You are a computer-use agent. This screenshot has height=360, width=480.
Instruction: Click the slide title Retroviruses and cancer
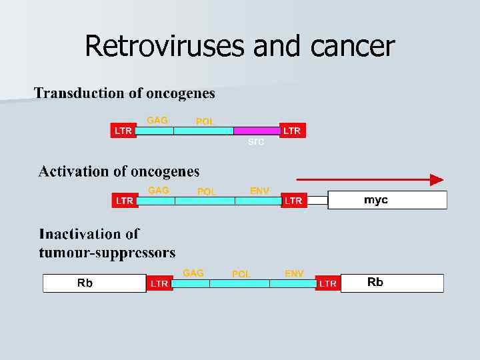click(240, 47)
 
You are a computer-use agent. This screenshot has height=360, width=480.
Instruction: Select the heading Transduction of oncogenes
click(125, 93)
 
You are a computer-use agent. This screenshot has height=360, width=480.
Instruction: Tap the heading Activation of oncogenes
click(119, 171)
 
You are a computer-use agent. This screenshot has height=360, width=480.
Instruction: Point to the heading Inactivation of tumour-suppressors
click(107, 243)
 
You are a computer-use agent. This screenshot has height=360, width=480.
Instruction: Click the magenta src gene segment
click(257, 131)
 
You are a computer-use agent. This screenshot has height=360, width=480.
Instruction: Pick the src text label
click(256, 142)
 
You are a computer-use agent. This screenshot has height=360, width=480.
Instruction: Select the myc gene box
click(387, 200)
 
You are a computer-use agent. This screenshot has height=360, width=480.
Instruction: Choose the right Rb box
click(391, 283)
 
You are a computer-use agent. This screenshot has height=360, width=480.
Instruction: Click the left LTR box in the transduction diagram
click(123, 131)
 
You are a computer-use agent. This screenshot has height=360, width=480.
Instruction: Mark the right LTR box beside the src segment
click(292, 131)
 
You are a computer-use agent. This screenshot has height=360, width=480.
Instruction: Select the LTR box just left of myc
click(293, 200)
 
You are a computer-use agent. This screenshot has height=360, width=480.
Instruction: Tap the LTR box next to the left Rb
click(159, 283)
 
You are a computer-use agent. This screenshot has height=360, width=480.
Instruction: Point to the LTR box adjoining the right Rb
click(328, 283)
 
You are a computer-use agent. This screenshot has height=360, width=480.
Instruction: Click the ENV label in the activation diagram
click(259, 191)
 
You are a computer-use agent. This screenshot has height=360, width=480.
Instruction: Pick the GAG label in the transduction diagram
click(157, 120)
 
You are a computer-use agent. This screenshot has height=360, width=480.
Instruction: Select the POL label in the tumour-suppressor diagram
click(241, 274)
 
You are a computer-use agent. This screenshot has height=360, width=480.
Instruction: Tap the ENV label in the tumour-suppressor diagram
click(294, 273)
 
